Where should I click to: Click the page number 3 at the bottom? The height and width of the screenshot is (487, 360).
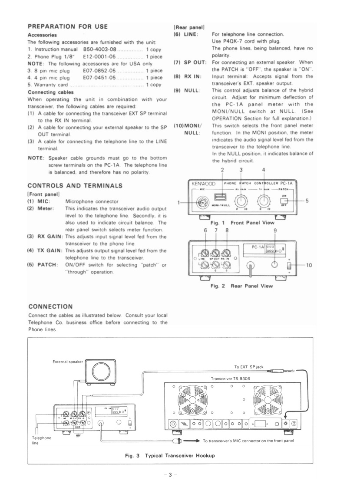coord(180,475)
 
